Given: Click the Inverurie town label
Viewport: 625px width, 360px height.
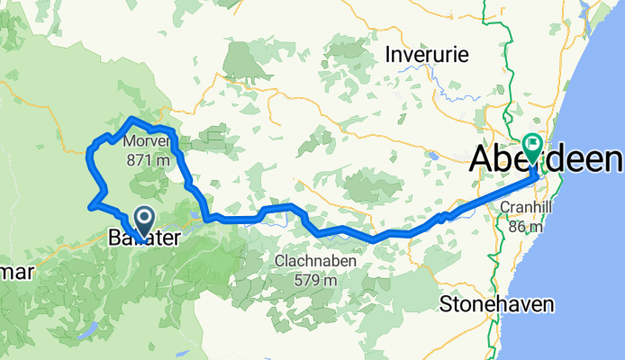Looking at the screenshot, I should point(427,55).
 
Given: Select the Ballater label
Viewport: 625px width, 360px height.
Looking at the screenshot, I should point(144,238).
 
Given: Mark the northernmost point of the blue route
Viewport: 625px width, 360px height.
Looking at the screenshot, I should point(133,119).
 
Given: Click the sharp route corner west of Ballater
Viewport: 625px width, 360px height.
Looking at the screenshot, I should point(91,206).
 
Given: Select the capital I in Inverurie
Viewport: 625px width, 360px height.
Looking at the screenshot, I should point(388,55).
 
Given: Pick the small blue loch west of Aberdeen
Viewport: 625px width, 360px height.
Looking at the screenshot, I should point(434,156).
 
